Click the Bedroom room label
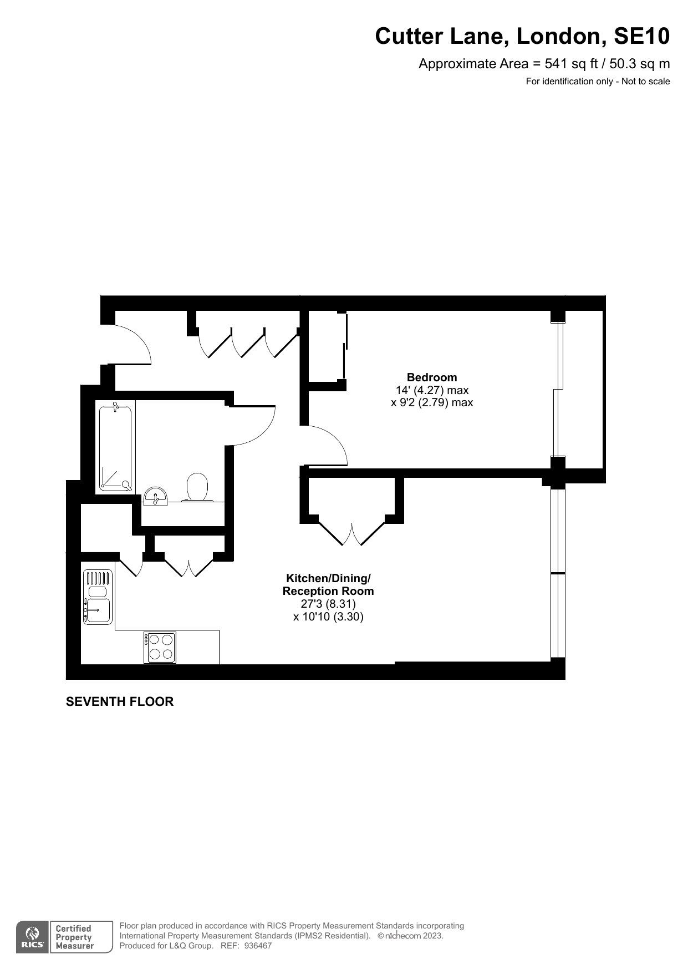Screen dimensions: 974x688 coord(431,377)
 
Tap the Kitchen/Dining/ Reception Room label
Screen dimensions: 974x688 coord(328,584)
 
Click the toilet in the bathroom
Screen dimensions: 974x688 coord(197,487)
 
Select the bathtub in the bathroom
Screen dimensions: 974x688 coord(116,448)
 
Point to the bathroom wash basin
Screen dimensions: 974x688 coord(155,496)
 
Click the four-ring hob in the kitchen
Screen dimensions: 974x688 coord(160,647)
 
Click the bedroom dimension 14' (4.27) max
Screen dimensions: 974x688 coord(432,390)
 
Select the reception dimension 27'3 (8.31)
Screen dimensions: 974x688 coord(328,604)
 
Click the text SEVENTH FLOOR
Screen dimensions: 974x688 coord(120,702)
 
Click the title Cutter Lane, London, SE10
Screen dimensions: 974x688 coord(522,37)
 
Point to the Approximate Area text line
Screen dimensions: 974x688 coord(543,64)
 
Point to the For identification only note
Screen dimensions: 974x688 coord(598,82)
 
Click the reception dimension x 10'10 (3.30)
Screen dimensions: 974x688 coord(328,617)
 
